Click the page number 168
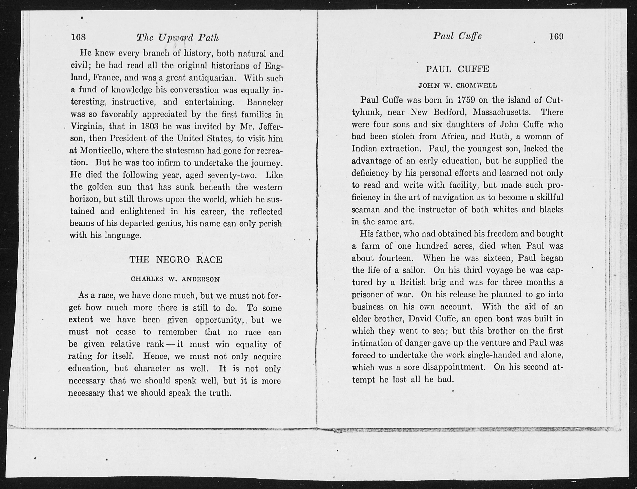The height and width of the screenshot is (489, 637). [78, 37]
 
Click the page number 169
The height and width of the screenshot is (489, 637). [556, 36]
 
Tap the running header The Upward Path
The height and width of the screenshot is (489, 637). [177, 38]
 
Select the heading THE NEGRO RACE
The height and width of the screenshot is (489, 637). [176, 259]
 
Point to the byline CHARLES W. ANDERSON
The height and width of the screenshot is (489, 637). [175, 279]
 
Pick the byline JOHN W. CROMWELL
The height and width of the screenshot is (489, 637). [458, 86]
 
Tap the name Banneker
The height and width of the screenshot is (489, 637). [265, 102]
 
